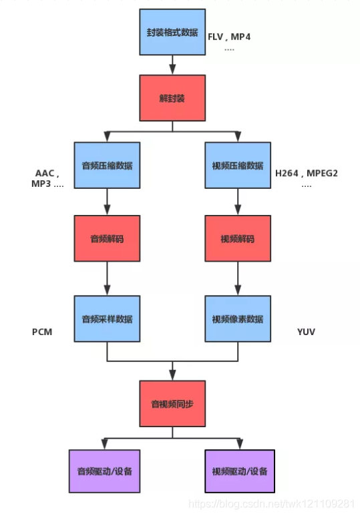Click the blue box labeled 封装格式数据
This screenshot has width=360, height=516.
click(172, 32)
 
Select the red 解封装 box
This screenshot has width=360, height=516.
click(172, 97)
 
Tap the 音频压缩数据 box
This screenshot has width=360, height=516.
click(107, 165)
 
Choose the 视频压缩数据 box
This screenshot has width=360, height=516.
click(238, 165)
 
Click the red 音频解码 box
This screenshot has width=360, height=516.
click(107, 238)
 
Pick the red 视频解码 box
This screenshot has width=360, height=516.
click(238, 238)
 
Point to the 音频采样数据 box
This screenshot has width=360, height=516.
click(107, 318)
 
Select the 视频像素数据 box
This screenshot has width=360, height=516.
click(238, 318)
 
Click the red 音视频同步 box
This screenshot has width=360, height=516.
click(172, 404)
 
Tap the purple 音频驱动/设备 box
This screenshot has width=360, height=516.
click(104, 471)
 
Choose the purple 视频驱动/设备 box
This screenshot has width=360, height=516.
click(240, 471)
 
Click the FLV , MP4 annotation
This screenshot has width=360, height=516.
click(229, 37)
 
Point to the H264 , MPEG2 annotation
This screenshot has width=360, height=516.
click(307, 174)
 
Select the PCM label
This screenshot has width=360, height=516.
click(42, 332)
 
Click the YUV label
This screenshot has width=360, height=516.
click(306, 332)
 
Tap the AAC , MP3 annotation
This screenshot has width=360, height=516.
click(47, 178)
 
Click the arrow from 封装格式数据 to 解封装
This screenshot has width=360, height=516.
click(172, 65)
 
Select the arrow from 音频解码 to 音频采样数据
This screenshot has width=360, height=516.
click(107, 279)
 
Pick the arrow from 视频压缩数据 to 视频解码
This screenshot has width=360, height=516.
click(238, 202)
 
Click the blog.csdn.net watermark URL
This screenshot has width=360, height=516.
click(272, 504)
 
